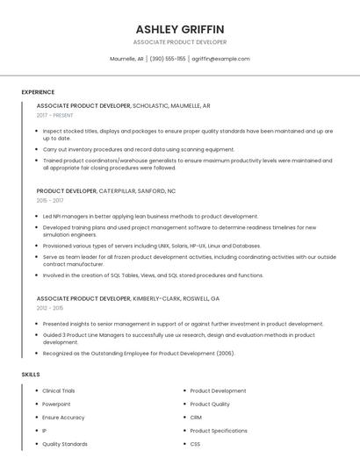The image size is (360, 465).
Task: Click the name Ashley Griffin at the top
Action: click(x=180, y=29)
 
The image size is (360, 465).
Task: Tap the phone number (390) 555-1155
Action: click(x=168, y=59)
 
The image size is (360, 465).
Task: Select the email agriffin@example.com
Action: click(x=220, y=59)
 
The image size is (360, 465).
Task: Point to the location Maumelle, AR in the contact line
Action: click(x=126, y=59)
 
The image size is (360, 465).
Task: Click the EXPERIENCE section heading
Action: click(x=38, y=92)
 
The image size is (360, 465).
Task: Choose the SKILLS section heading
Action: click(x=31, y=375)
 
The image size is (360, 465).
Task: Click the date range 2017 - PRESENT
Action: click(x=55, y=115)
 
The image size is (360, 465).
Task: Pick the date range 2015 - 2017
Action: click(x=50, y=200)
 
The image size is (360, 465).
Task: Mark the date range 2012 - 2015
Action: click(x=50, y=308)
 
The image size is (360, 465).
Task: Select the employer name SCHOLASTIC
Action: click(x=154, y=105)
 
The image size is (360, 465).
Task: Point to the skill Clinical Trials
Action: click(x=59, y=390)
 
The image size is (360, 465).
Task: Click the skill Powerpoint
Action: click(x=56, y=404)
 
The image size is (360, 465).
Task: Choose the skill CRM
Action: click(x=196, y=418)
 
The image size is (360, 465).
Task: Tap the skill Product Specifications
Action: click(x=219, y=431)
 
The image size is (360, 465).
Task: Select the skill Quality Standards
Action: click(x=65, y=444)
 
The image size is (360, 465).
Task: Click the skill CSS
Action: click(x=196, y=444)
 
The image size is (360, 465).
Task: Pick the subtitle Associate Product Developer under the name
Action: click(x=180, y=42)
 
